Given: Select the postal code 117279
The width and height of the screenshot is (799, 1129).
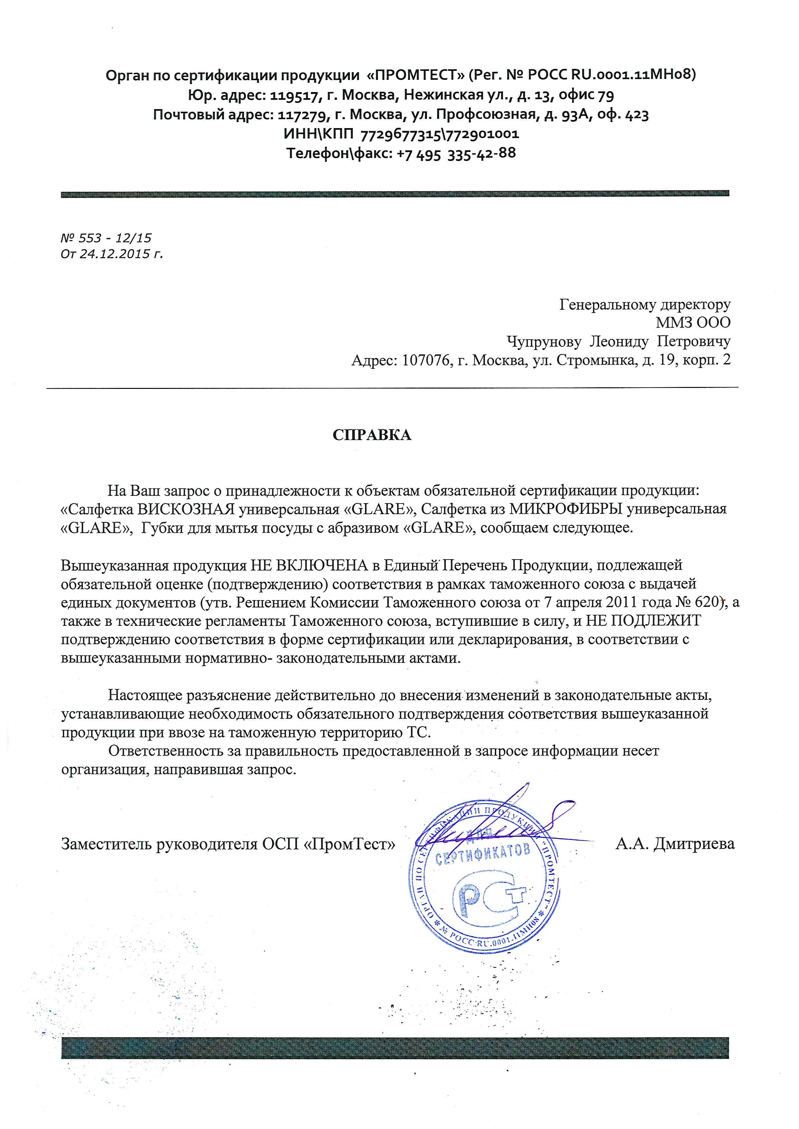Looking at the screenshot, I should coord(300,115).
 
